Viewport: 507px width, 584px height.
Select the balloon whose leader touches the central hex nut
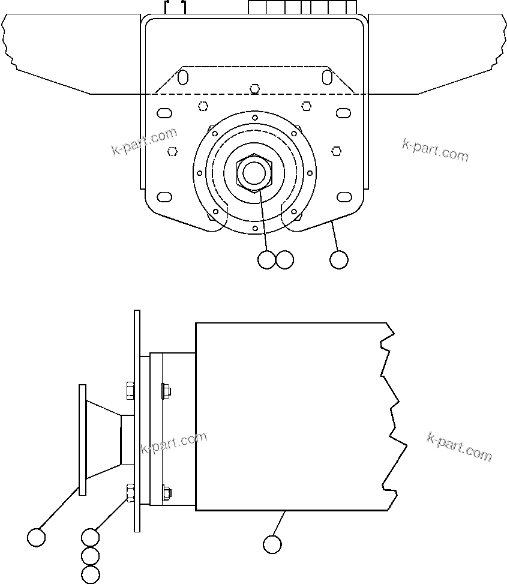pyautogui.click(x=266, y=260)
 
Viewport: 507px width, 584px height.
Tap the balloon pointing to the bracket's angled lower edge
pyautogui.click(x=339, y=260)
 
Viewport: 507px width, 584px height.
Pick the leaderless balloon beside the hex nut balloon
pyautogui.click(x=284, y=260)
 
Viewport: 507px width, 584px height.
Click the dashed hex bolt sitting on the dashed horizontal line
pyautogui.click(x=255, y=89)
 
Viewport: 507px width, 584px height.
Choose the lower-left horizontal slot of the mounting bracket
pyautogui.click(x=164, y=197)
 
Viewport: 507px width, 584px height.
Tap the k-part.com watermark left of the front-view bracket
pyautogui.click(x=145, y=142)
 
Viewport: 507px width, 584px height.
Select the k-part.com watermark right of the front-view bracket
pyautogui.click(x=435, y=149)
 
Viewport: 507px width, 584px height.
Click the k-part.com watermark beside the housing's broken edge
pyautogui.click(x=460, y=447)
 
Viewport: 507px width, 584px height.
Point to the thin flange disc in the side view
pyautogui.click(x=83, y=440)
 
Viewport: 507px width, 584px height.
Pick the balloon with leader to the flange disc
pyautogui.click(x=37, y=537)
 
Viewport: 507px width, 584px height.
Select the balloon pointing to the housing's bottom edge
pyautogui.click(x=272, y=544)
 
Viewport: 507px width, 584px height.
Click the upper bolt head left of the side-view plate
pyautogui.click(x=130, y=391)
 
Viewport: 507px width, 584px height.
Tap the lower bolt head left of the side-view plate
pyautogui.click(x=130, y=492)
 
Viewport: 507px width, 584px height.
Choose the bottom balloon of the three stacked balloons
pyautogui.click(x=90, y=574)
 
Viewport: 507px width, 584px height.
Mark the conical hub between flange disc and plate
pyautogui.click(x=104, y=439)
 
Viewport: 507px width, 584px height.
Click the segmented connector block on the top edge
pyautogui.click(x=302, y=7)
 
